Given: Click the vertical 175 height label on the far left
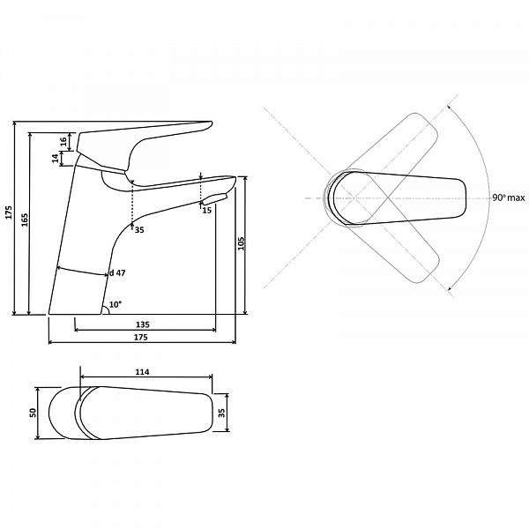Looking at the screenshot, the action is (x=9, y=212).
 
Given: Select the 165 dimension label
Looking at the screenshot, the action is (x=25, y=220).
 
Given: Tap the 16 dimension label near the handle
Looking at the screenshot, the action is (x=63, y=142).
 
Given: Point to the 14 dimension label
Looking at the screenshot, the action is (x=55, y=158).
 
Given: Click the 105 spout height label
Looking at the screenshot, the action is (x=241, y=243).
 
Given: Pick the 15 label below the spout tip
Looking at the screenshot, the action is (x=207, y=210).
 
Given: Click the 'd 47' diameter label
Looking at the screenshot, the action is (x=117, y=273).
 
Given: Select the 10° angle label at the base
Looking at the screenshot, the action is (x=115, y=305).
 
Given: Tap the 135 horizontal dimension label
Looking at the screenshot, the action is (x=142, y=324).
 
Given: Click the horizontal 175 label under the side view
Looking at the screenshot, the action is (x=141, y=337).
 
